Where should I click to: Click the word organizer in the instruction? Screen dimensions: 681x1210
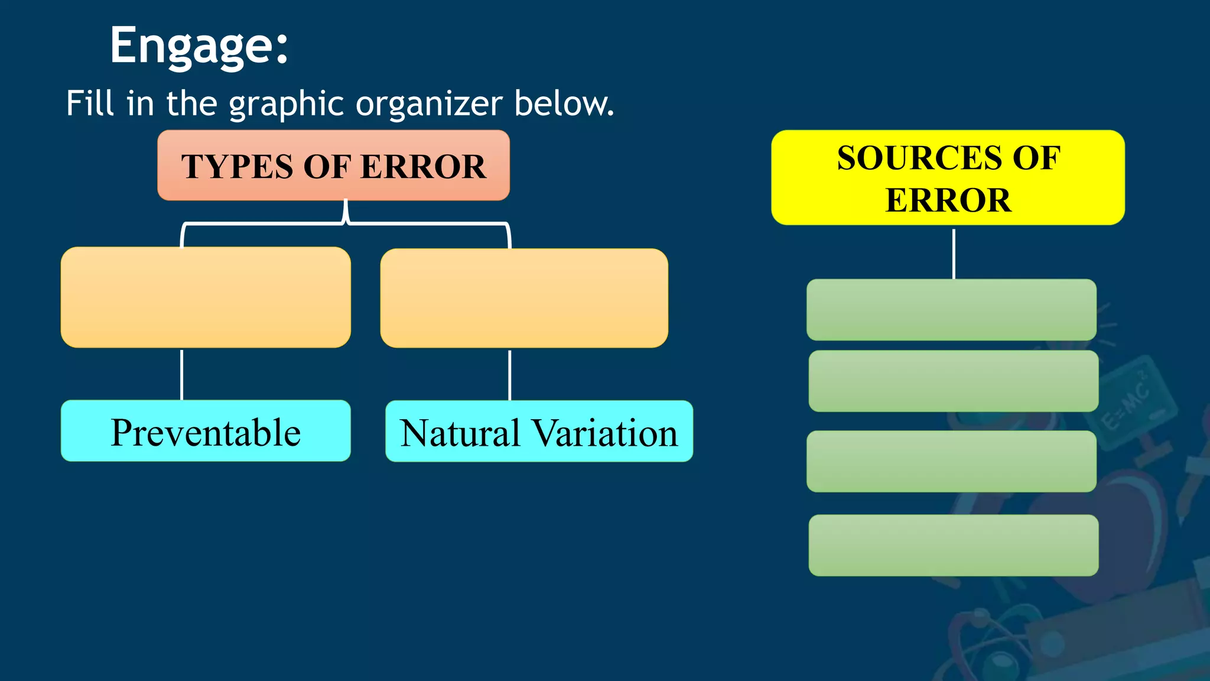429,104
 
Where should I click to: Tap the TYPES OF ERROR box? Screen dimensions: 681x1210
333,166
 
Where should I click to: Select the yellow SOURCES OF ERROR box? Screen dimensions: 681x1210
948,177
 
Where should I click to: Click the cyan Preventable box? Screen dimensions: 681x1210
206,431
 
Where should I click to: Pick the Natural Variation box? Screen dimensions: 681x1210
539,432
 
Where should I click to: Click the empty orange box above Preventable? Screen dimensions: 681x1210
206,297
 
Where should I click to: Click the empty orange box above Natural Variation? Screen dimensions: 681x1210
524,298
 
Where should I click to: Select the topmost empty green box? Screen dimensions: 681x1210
951,310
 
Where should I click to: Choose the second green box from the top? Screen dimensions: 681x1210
953,381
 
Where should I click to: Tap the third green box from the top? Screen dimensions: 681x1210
951,461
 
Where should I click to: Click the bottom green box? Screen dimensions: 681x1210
953,545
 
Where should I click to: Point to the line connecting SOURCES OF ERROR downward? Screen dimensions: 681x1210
954,254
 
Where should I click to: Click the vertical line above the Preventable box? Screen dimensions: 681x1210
182,374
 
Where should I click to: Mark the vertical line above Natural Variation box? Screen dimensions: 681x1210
509,375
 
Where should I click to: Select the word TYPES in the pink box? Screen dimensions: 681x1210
236,167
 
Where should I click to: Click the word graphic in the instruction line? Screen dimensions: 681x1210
286,104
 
